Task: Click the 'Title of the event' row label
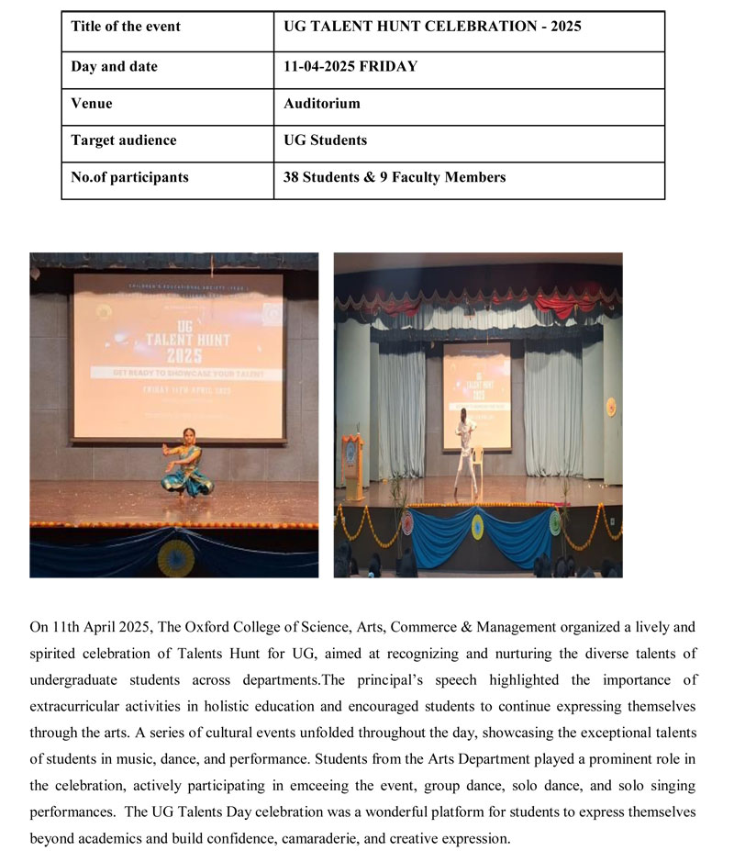click(x=126, y=27)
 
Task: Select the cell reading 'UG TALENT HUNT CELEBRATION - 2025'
click(x=432, y=27)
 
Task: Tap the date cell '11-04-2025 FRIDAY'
click(x=350, y=66)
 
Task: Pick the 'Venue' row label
click(x=92, y=104)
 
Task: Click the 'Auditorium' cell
click(x=322, y=104)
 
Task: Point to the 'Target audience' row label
click(x=124, y=140)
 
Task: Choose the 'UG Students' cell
click(x=325, y=140)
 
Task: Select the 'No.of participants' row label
click(x=129, y=177)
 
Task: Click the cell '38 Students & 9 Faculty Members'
click(x=395, y=177)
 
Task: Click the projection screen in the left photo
click(x=178, y=356)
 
